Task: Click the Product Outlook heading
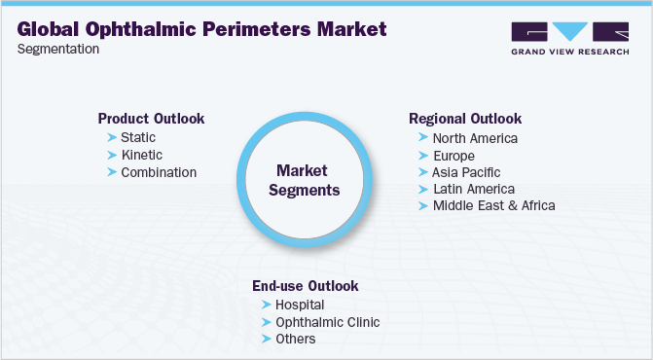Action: [151, 119]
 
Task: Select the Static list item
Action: [137, 137]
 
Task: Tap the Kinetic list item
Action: [141, 155]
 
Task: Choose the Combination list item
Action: [159, 172]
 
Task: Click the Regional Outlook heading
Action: [465, 119]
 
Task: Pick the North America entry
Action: [475, 138]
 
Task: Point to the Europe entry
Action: [453, 156]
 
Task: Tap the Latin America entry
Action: [473, 189]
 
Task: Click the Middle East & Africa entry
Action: [493, 205]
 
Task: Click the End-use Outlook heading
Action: [306, 286]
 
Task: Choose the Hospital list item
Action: [300, 305]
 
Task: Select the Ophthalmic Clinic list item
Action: [328, 322]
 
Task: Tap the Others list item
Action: [296, 339]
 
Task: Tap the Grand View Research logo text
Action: [569, 52]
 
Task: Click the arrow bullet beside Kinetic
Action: [112, 155]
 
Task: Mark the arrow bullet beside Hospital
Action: [267, 305]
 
